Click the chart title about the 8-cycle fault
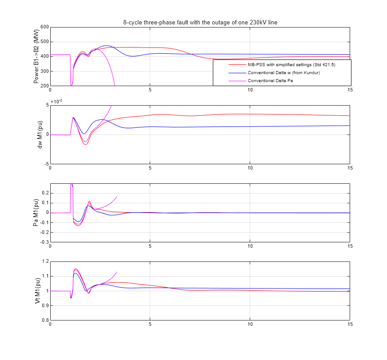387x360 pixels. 200,22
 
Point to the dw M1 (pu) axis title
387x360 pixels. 40,135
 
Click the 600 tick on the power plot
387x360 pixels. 44,27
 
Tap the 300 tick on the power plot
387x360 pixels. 44,71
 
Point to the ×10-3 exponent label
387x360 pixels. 56,102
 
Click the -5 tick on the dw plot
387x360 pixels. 45,164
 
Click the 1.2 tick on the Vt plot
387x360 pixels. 44,261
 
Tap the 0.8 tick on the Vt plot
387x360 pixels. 44,320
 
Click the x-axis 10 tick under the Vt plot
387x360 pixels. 250,324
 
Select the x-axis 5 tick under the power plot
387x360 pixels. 150,90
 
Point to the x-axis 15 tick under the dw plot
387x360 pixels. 349,168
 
